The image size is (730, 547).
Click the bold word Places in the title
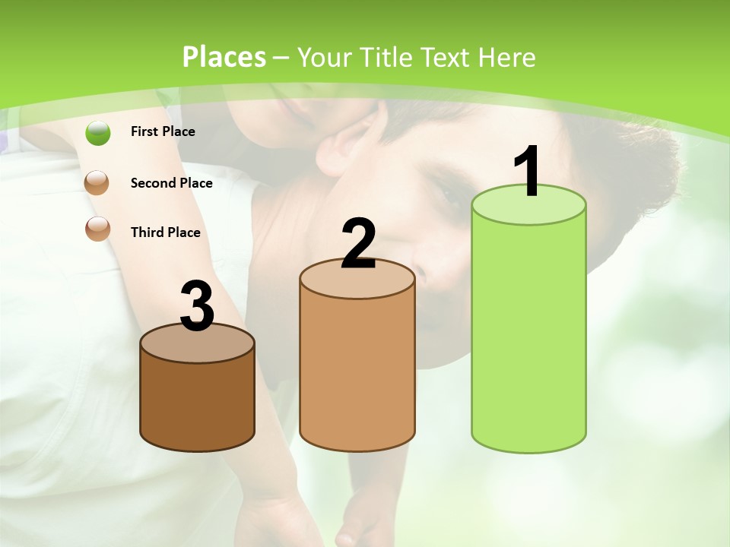coord(224,57)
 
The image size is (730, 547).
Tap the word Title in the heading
coord(387,57)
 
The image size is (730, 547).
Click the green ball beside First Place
coord(98,133)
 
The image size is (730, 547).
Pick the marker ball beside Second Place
coord(97,184)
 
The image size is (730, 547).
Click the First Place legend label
coord(163,131)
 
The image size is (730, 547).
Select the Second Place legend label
coord(171,183)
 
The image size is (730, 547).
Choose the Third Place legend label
coord(166,232)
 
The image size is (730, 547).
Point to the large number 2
coord(358,243)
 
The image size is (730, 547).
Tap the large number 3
coord(198,306)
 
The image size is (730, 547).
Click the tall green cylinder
coord(528,334)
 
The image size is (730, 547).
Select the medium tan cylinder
coord(357,372)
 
